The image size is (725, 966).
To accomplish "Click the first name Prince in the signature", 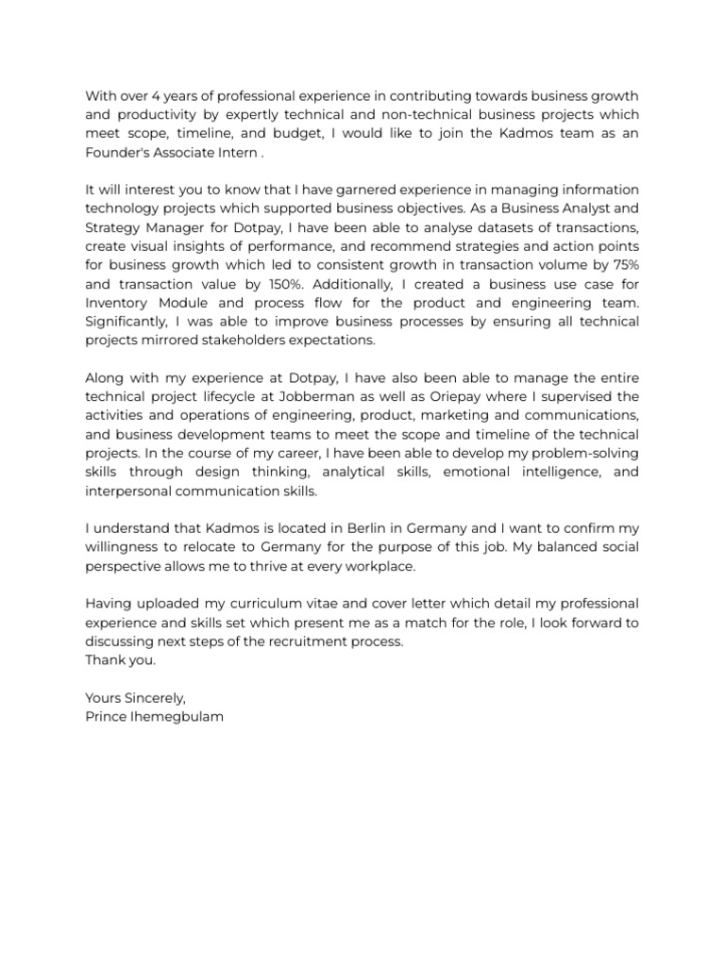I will (106, 717).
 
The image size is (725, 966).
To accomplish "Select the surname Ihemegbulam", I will (177, 717).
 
